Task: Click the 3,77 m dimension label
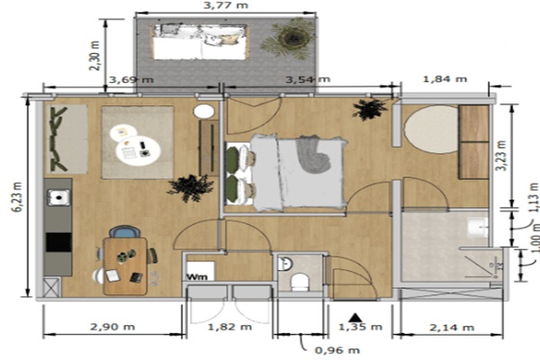point(226,5)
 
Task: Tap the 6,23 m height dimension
point(18,197)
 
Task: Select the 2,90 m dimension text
point(112,326)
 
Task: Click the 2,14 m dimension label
point(452,328)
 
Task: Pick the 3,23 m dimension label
point(502,156)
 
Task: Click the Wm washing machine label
point(197,276)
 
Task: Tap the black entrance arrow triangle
point(355,318)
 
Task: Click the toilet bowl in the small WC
point(300,282)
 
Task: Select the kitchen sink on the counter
point(58,197)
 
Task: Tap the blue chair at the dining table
point(125,231)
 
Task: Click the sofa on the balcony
point(200,42)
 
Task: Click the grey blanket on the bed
point(314,154)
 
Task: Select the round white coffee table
point(138,150)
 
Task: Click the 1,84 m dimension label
point(445,79)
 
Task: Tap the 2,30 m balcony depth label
point(94,56)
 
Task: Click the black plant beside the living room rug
point(190,188)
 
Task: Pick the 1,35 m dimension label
point(360,327)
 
